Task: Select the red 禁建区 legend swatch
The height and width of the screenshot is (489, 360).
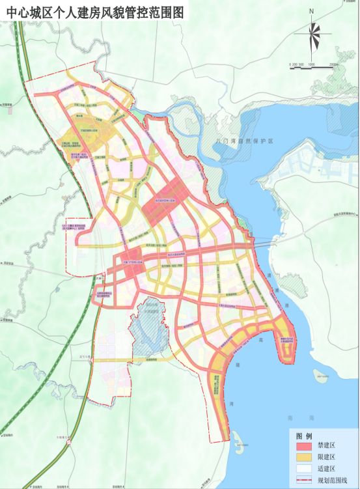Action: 305,447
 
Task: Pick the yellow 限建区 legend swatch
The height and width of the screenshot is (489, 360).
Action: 305,458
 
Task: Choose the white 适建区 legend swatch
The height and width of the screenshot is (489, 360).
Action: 305,469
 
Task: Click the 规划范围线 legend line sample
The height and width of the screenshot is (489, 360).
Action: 305,480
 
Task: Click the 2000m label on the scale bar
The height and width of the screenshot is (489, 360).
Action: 335,65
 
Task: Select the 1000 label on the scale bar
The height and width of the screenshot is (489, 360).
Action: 312,65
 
